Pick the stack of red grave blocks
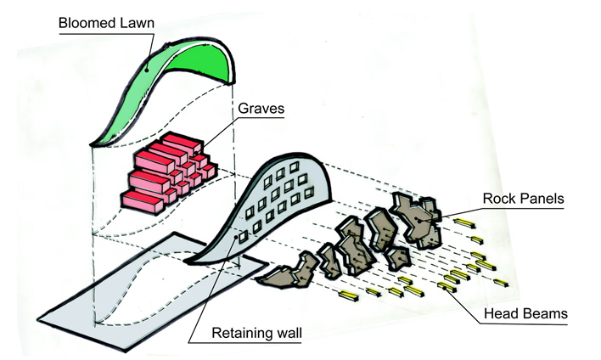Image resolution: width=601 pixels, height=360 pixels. (x=170, y=170)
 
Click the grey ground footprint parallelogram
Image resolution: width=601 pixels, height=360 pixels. (x=153, y=289)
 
